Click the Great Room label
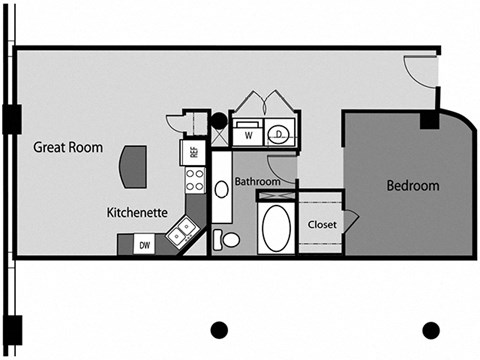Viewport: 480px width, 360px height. coord(68,147)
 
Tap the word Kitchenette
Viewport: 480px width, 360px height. coord(138,213)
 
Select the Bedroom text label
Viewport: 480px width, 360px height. coord(413,186)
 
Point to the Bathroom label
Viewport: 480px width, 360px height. coord(258,182)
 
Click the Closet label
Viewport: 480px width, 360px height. coord(321,224)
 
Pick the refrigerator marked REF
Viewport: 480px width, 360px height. coord(193,152)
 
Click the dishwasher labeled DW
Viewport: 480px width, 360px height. coord(145,244)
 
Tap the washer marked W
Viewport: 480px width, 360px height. coord(246,133)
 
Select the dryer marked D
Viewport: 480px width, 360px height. coord(279,133)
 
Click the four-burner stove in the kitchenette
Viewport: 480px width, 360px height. coord(194,181)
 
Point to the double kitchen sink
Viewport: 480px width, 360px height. coord(182,232)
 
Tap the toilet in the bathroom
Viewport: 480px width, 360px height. coord(228,240)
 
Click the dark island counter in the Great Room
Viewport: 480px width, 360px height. coord(132,165)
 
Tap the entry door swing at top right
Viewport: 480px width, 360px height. coord(420,72)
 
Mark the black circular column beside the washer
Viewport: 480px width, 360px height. coord(219,121)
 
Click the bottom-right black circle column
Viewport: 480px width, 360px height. coord(431,330)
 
